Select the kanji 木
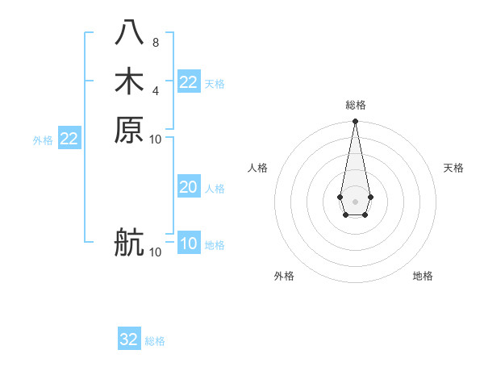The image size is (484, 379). (x=129, y=81)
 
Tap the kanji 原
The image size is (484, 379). (x=129, y=129)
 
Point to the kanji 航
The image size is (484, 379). (x=129, y=243)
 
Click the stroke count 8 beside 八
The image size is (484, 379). (x=155, y=43)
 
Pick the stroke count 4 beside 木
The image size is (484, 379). (x=155, y=90)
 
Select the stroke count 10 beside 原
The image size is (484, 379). (x=155, y=139)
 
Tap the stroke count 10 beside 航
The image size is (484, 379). (x=155, y=252)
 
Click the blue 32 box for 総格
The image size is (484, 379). (x=129, y=339)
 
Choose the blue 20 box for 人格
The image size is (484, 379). (x=188, y=187)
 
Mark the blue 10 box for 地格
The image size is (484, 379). (x=188, y=244)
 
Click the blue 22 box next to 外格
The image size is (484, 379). (x=69, y=139)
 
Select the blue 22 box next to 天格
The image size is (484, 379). (x=188, y=82)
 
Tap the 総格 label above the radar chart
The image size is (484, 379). (x=355, y=105)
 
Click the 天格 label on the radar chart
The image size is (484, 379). (x=453, y=168)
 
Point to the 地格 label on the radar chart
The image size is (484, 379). (x=423, y=276)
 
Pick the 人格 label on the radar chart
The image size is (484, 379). (x=257, y=168)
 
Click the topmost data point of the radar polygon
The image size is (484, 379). (x=355, y=122)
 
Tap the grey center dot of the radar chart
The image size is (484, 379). (x=355, y=200)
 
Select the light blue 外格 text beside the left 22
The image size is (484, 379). (x=43, y=140)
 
